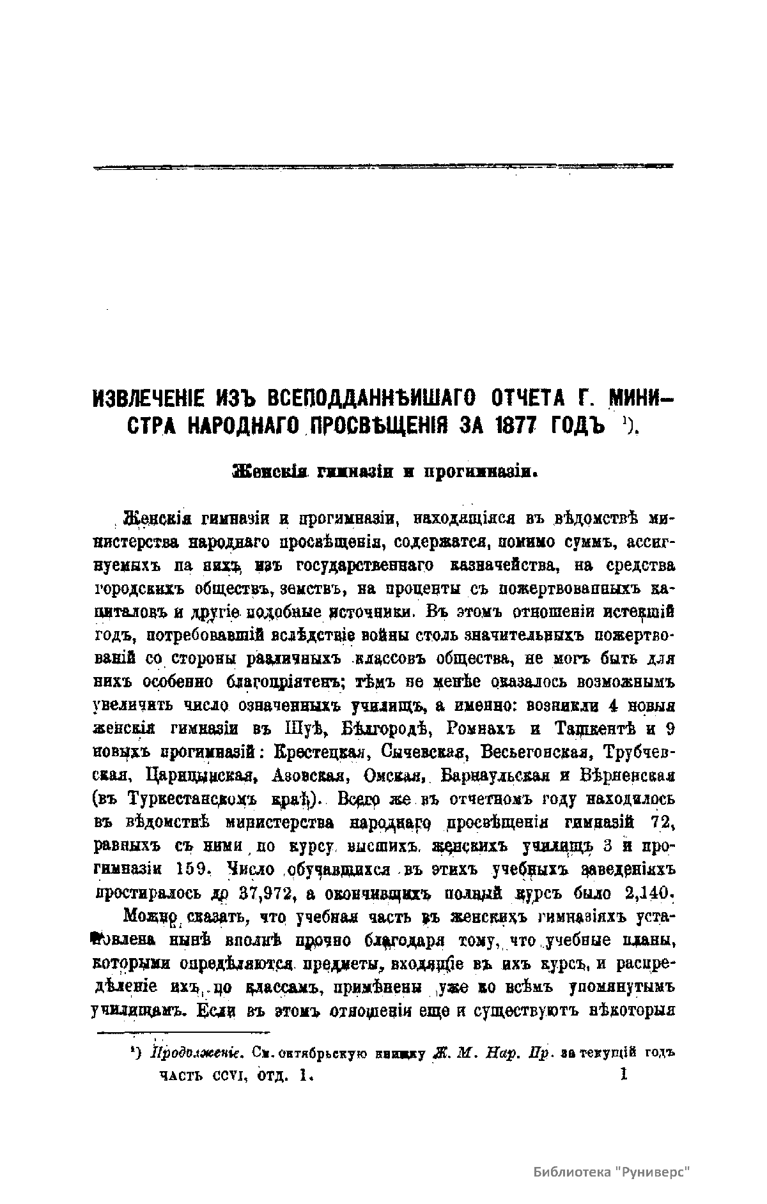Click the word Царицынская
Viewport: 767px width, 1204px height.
(201, 776)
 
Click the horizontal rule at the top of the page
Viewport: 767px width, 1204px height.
(383, 167)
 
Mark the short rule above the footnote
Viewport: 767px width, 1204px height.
(182, 1032)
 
